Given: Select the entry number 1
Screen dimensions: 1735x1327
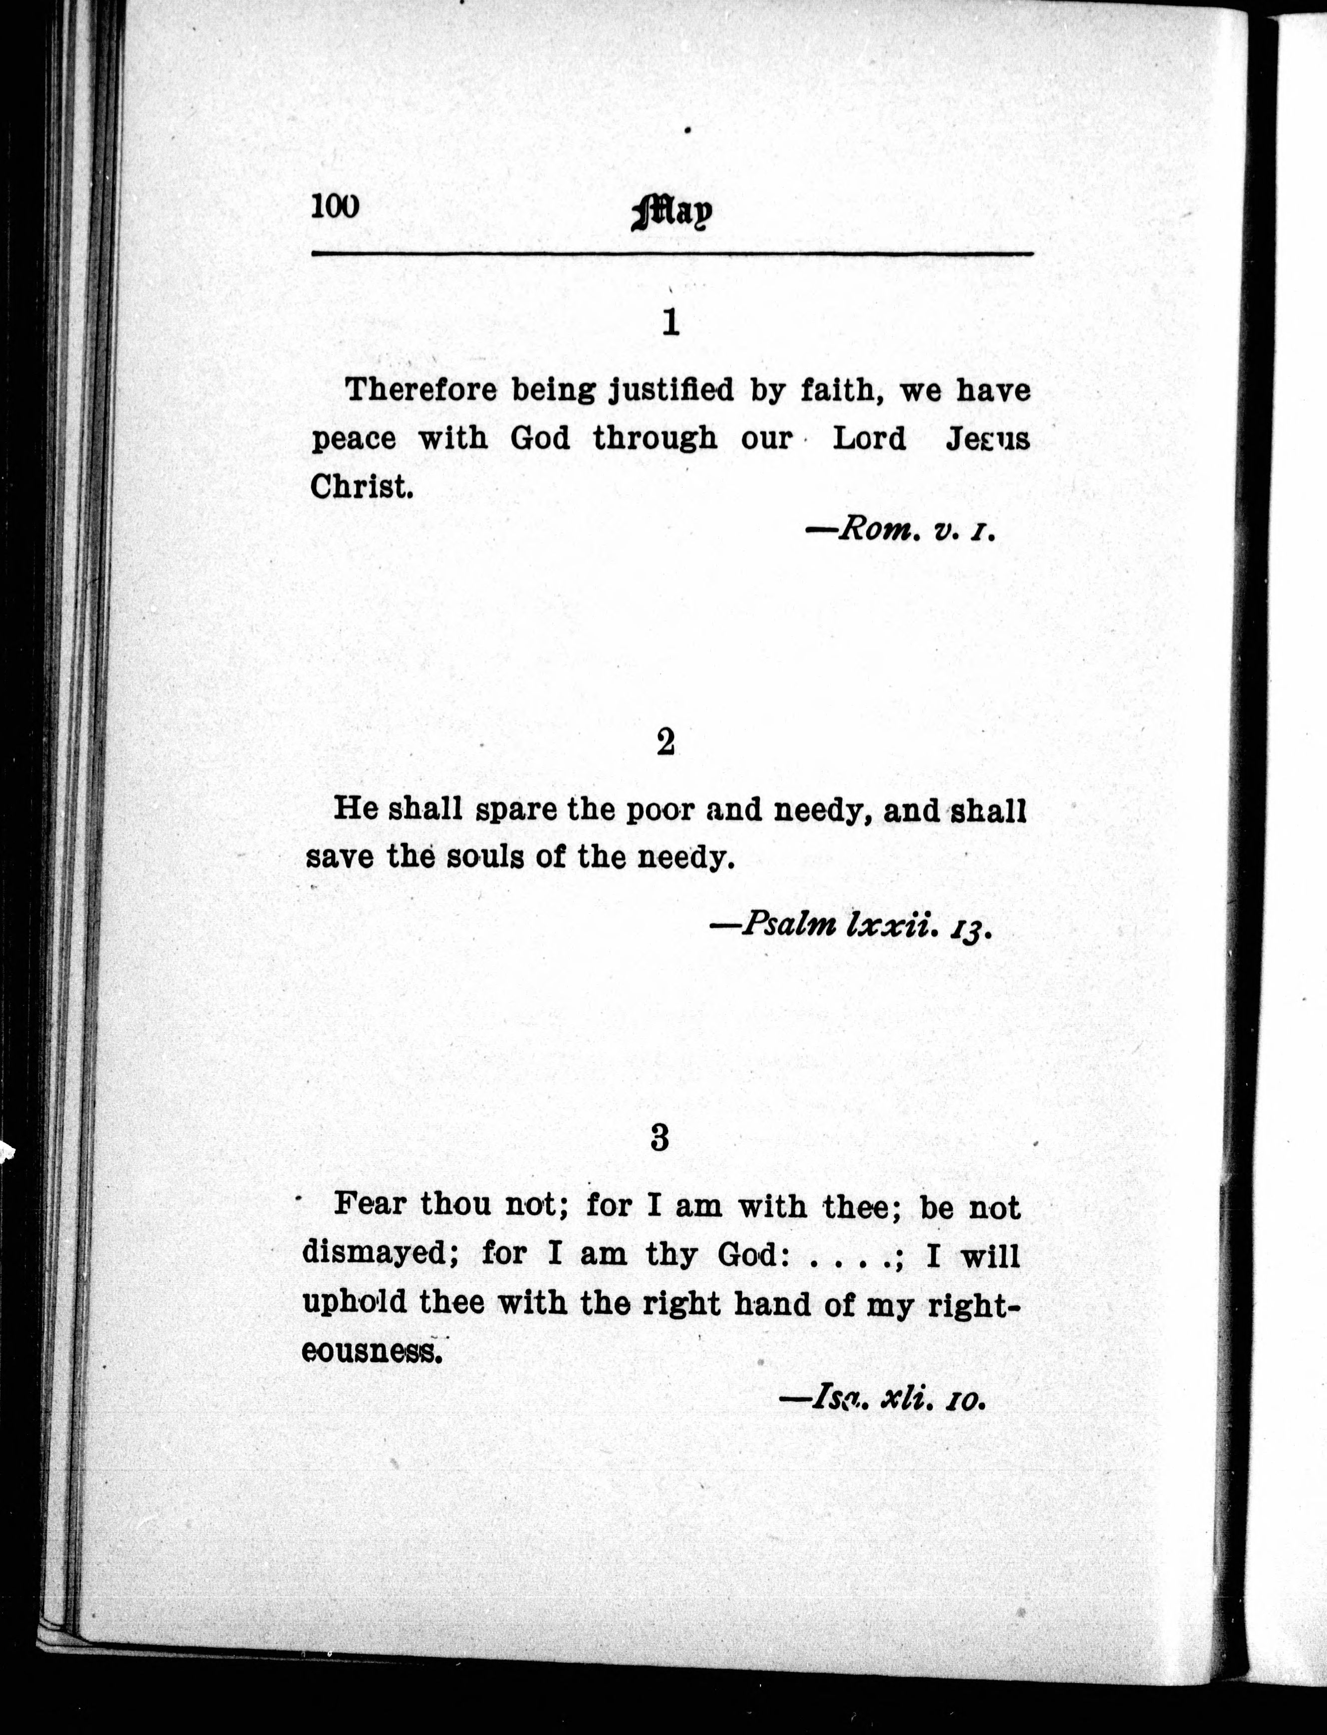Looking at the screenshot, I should pos(670,322).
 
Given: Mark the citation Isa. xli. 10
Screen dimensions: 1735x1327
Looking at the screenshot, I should pos(883,1399).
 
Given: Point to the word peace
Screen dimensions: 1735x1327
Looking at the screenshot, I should pos(353,439).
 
